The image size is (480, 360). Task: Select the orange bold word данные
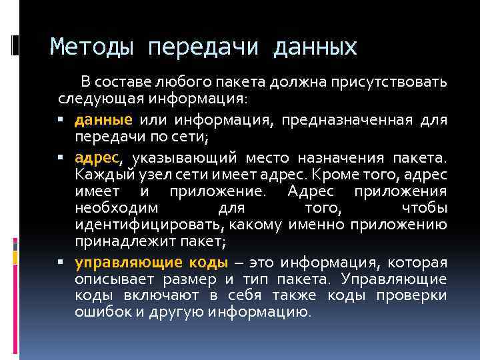pos(103,120)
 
